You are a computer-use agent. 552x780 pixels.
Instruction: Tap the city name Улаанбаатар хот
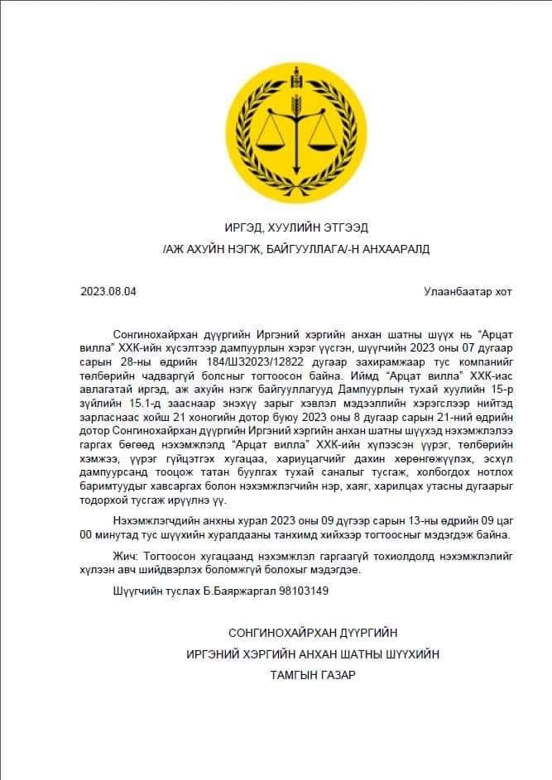point(468,291)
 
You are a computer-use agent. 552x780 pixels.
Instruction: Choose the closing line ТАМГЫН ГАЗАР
point(312,675)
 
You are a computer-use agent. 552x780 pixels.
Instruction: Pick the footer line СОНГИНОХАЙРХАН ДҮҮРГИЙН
point(312,633)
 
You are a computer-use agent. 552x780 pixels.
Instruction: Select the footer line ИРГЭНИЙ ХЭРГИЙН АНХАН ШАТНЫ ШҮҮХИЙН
point(312,653)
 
